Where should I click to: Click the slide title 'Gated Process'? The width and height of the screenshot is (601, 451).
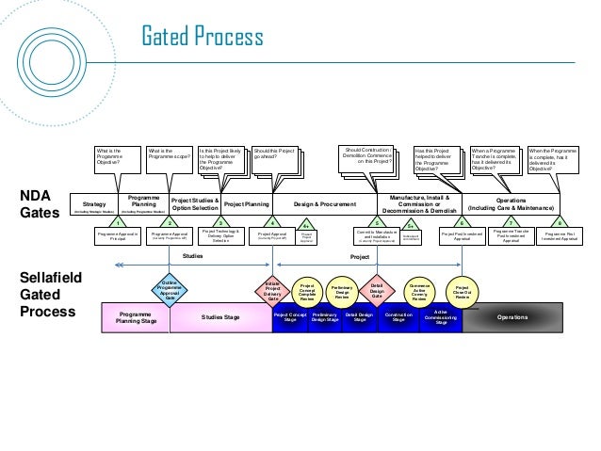click(x=202, y=39)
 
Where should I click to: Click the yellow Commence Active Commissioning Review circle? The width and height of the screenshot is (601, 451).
click(x=419, y=290)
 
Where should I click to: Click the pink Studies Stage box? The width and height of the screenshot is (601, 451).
click(x=220, y=318)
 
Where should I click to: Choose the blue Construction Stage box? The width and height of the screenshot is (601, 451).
click(x=398, y=318)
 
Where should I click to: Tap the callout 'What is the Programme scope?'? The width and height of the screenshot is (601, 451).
click(x=167, y=156)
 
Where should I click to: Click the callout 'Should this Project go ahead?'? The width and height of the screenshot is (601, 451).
click(x=274, y=156)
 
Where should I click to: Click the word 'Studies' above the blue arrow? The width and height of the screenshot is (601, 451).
click(x=193, y=255)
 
